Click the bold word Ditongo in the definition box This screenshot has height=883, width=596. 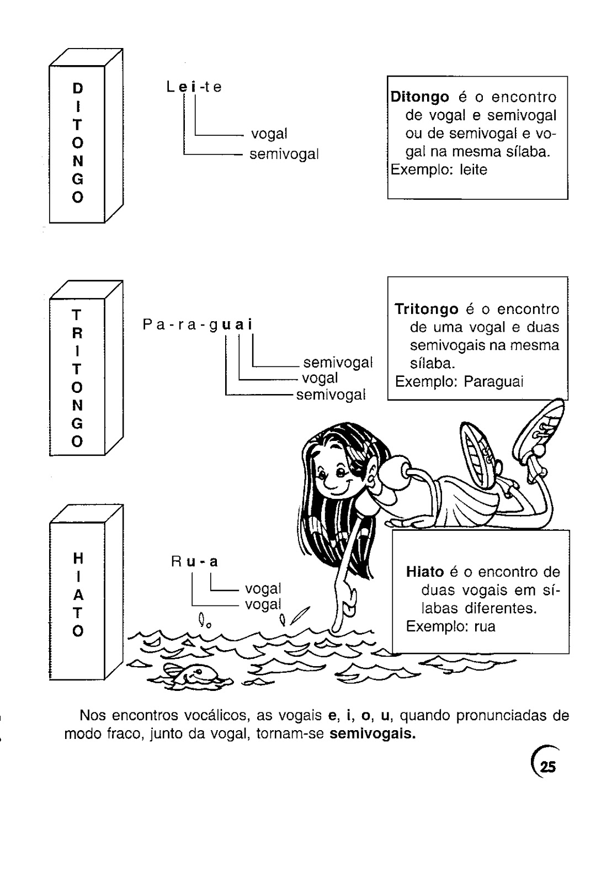tap(420, 97)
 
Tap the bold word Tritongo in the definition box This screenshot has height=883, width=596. tap(427, 309)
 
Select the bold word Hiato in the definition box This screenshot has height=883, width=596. tap(425, 572)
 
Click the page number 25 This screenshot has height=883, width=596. tap(548, 767)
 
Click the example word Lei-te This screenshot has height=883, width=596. tap(194, 87)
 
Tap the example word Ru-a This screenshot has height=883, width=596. tap(195, 562)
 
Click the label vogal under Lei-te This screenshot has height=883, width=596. tap(269, 134)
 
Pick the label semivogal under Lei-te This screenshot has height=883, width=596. tap(284, 155)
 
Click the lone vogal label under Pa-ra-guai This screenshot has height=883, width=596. tap(320, 379)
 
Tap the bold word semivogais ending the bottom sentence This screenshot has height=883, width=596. tap(376, 735)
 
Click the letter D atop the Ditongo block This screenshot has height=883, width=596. tap(78, 88)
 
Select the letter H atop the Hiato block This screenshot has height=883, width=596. tap(78, 558)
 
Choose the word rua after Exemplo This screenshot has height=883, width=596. tap(485, 626)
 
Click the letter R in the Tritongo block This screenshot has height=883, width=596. tap(78, 333)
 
